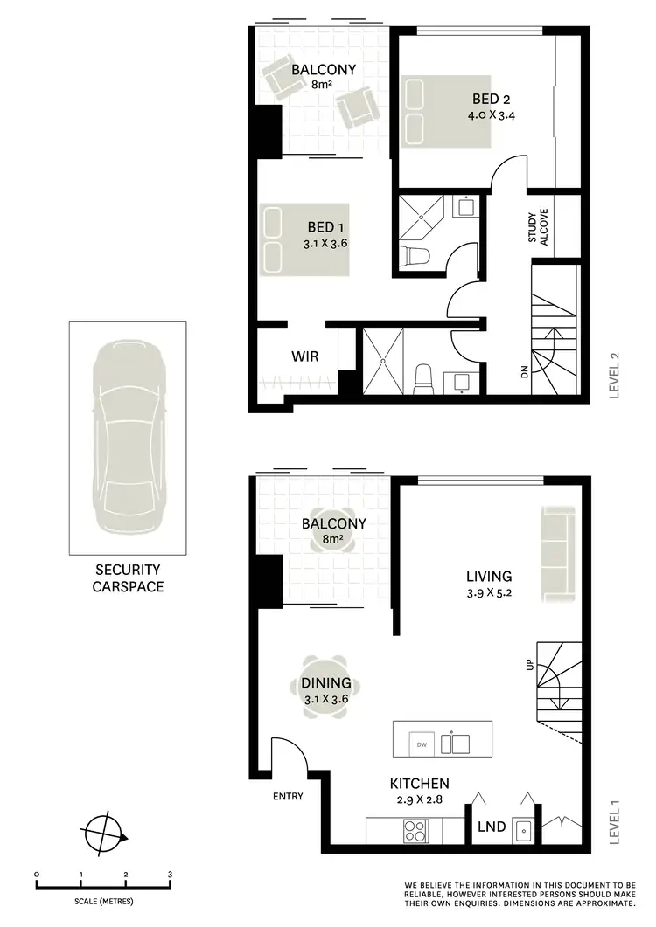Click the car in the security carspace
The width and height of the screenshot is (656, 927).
point(128,438)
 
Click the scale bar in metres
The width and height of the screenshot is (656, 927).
point(103,885)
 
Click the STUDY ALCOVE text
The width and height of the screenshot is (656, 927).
point(538,229)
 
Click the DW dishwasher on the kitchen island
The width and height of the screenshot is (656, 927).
point(422,744)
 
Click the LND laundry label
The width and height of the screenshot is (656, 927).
point(491,826)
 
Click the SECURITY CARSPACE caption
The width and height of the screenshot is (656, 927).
point(128,578)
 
